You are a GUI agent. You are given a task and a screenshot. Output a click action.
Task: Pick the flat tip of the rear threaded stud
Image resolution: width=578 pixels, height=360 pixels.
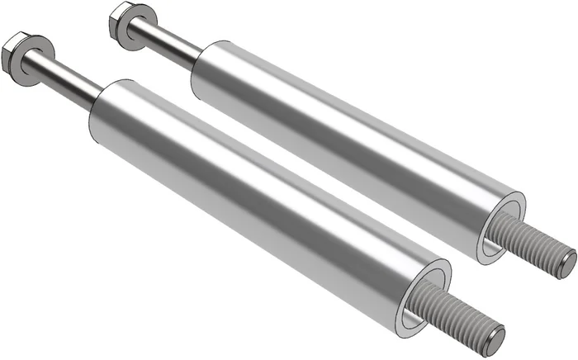(567, 264)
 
